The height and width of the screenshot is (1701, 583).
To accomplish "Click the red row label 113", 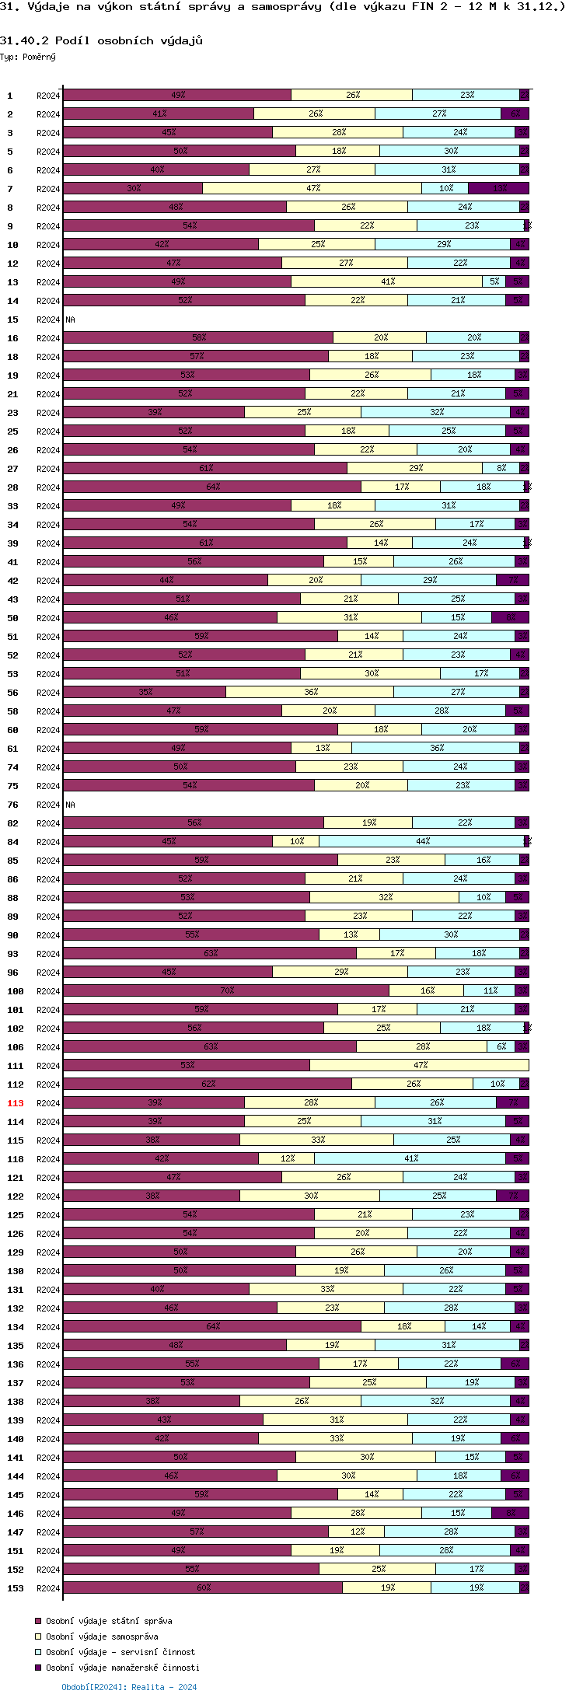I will coord(16,1103).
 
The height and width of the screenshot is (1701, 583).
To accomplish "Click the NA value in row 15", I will coord(70,320).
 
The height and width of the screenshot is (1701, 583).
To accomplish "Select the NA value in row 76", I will coord(70,805).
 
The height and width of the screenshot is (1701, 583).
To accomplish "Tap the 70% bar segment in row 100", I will coord(226,990).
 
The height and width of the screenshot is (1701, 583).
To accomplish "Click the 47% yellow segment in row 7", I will coord(312,188).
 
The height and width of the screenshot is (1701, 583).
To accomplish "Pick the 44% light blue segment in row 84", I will coord(422,841).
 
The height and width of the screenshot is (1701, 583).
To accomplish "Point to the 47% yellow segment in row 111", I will coord(420,1065).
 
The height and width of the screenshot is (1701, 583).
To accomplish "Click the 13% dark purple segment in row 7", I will coord(499,188).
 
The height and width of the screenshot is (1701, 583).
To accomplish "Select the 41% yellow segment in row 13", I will coord(387,281).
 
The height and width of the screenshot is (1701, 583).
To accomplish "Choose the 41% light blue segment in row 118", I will coord(410,1158).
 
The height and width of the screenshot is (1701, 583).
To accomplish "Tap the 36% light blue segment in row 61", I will coord(436,748).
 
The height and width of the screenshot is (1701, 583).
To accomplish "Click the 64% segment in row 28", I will coord(212,487).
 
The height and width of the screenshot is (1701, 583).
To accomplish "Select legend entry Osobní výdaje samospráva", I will coord(102,1636).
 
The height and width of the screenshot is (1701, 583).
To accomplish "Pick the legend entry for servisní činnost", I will coord(120,1652).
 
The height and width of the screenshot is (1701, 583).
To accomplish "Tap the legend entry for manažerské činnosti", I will coord(123,1668).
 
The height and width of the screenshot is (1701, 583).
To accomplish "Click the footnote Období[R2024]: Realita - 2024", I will coord(129,1687).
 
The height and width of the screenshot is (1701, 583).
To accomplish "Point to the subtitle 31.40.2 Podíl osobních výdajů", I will coord(101,40).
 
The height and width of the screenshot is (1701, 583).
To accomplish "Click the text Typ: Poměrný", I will coord(28,57).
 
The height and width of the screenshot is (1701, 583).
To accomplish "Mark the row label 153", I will coord(16,1588).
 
